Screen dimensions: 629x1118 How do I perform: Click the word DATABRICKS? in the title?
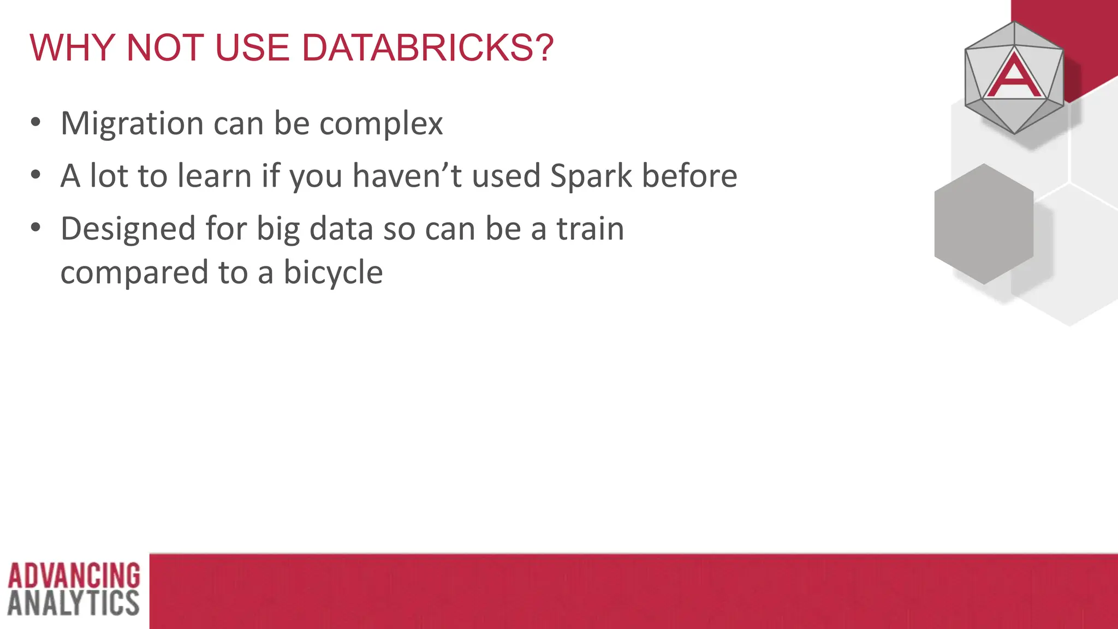[x=427, y=48]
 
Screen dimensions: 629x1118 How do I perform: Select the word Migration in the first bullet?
[x=132, y=124]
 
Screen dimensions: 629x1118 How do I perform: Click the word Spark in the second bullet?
[x=590, y=176]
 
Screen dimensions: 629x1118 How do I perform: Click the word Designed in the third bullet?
[x=128, y=229]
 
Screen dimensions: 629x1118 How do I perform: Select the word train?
[x=590, y=229]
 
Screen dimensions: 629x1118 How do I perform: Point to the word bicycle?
[x=333, y=272]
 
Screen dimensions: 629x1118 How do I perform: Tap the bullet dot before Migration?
[x=35, y=122]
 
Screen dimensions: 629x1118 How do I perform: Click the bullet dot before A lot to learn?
[x=35, y=175]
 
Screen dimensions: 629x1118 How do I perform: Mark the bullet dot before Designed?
[x=35, y=227]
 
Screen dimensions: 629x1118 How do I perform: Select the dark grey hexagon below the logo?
[x=984, y=224]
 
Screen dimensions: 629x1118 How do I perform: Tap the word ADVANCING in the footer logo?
[x=74, y=575]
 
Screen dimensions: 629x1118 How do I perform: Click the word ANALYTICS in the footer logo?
[x=74, y=603]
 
